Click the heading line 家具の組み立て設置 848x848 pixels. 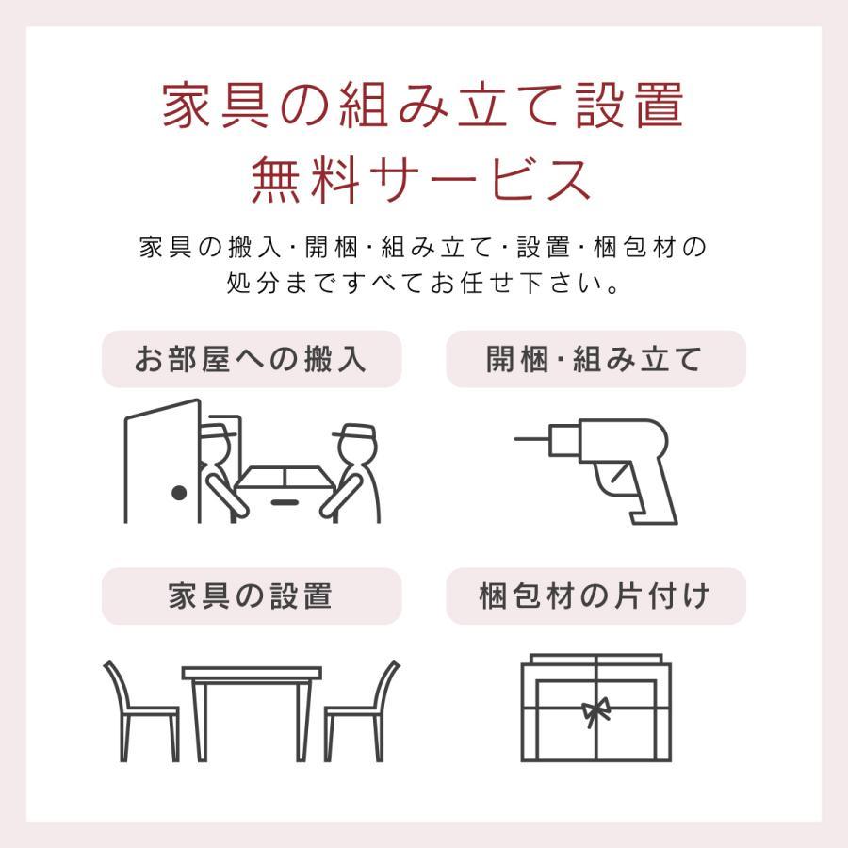[x=423, y=106]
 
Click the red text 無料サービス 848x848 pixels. [x=423, y=179]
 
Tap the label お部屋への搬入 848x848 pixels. [x=252, y=359]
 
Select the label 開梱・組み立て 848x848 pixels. [x=595, y=359]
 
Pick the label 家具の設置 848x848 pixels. [x=252, y=596]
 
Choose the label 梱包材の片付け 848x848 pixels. [x=595, y=596]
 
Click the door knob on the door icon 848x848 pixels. [x=178, y=493]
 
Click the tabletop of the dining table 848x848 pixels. [x=252, y=675]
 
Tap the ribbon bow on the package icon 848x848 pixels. [x=595, y=709]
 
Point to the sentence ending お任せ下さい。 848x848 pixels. [x=423, y=283]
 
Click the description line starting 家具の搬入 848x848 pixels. [x=423, y=248]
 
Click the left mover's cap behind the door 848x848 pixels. [x=219, y=432]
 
